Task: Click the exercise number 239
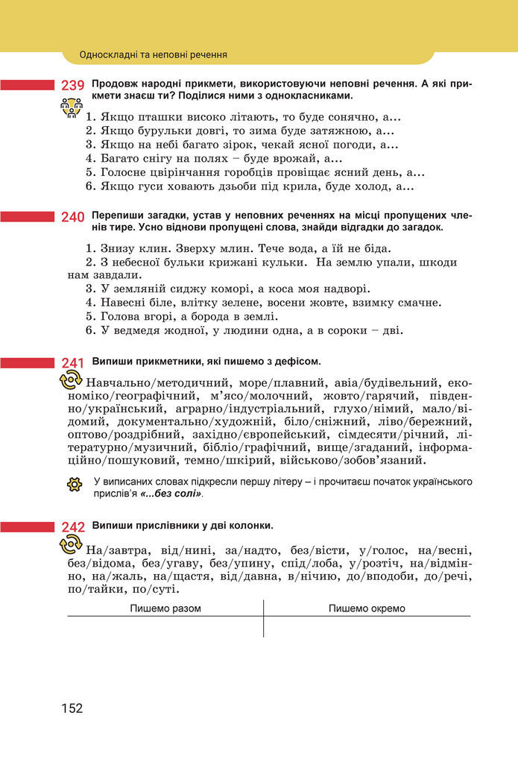pyautogui.click(x=72, y=86)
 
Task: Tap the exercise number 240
pyautogui.click(x=72, y=217)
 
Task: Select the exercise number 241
pyautogui.click(x=72, y=363)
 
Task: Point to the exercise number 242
pyautogui.click(x=72, y=527)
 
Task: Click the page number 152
pyautogui.click(x=72, y=708)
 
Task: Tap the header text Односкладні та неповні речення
pyautogui.click(x=153, y=54)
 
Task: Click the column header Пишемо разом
pyautogui.click(x=165, y=608)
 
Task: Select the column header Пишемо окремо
pyautogui.click(x=367, y=608)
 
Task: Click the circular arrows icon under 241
pyautogui.click(x=70, y=381)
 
